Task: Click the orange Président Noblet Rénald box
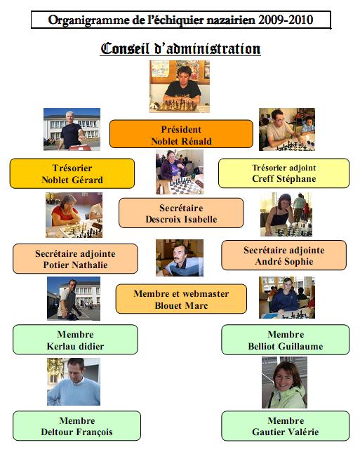181,134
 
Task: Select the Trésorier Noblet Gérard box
72,173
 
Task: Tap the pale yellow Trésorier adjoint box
284,173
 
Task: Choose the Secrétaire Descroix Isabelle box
181,213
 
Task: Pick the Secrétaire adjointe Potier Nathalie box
75,258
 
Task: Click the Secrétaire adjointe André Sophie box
284,255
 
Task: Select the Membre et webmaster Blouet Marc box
181,299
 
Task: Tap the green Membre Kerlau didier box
75,340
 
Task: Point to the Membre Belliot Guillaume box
286,340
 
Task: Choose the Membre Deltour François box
76,426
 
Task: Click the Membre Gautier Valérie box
286,426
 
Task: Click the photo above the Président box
180,86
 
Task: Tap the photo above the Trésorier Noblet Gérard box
72,129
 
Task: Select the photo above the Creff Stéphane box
287,129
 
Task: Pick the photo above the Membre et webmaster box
180,258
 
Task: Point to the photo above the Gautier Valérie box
284,383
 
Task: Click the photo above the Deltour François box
74,382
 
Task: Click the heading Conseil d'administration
180,48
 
